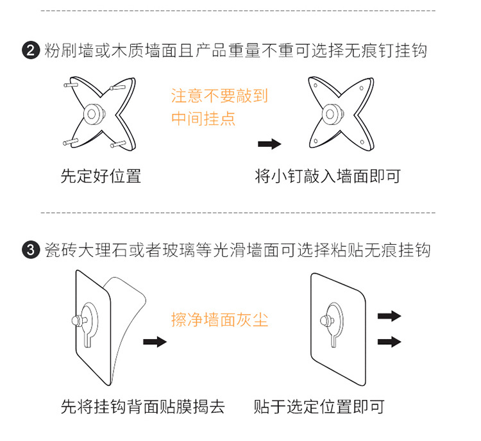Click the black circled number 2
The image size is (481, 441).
31,50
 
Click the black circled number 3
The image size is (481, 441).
31,249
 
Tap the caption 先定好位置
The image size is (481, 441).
101,176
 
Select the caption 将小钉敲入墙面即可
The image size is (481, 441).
328,176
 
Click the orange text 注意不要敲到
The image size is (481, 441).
219,96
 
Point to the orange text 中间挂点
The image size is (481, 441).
203,119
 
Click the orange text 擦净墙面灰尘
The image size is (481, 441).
219,320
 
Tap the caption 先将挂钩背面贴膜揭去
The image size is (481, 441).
143,406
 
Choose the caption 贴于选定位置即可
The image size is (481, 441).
319,406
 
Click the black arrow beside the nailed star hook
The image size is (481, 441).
269,144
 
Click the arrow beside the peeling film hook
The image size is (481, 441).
155,342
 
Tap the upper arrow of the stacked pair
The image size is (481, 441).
389,316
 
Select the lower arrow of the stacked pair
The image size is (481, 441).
389,342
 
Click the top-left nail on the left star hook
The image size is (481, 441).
71,84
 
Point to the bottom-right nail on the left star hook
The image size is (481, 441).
118,144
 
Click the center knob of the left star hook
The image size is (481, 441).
94,114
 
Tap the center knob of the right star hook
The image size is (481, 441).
332,114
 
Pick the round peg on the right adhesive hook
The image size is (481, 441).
326,321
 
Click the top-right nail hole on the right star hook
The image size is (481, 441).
362,88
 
